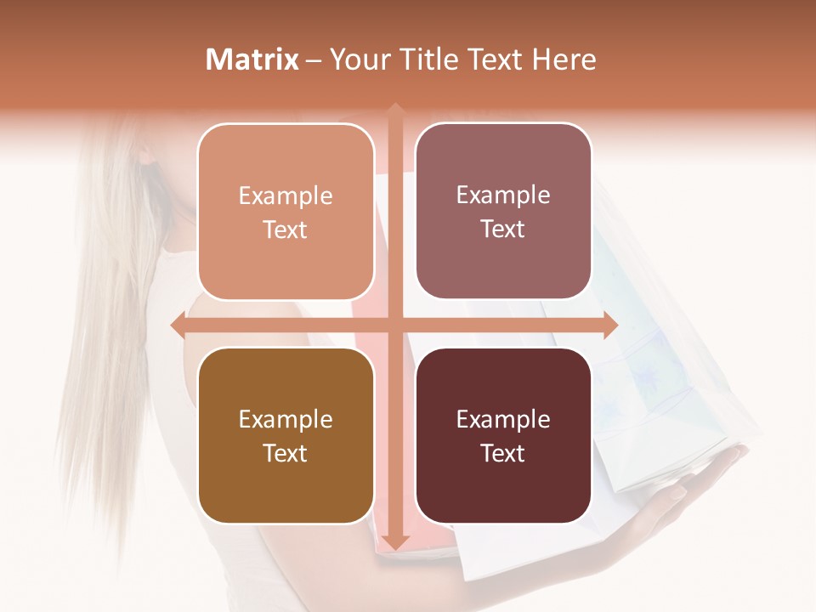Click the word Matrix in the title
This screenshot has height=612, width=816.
click(252, 59)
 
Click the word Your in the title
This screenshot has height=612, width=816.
click(358, 59)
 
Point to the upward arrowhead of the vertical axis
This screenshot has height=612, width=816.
click(394, 110)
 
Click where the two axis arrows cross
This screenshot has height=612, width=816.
click(394, 326)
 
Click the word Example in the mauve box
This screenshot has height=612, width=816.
click(503, 195)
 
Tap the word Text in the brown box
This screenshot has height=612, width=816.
click(285, 453)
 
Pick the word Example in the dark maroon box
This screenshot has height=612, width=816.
click(503, 419)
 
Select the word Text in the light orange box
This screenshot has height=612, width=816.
click(285, 229)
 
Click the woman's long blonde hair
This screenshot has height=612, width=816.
click(110, 340)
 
